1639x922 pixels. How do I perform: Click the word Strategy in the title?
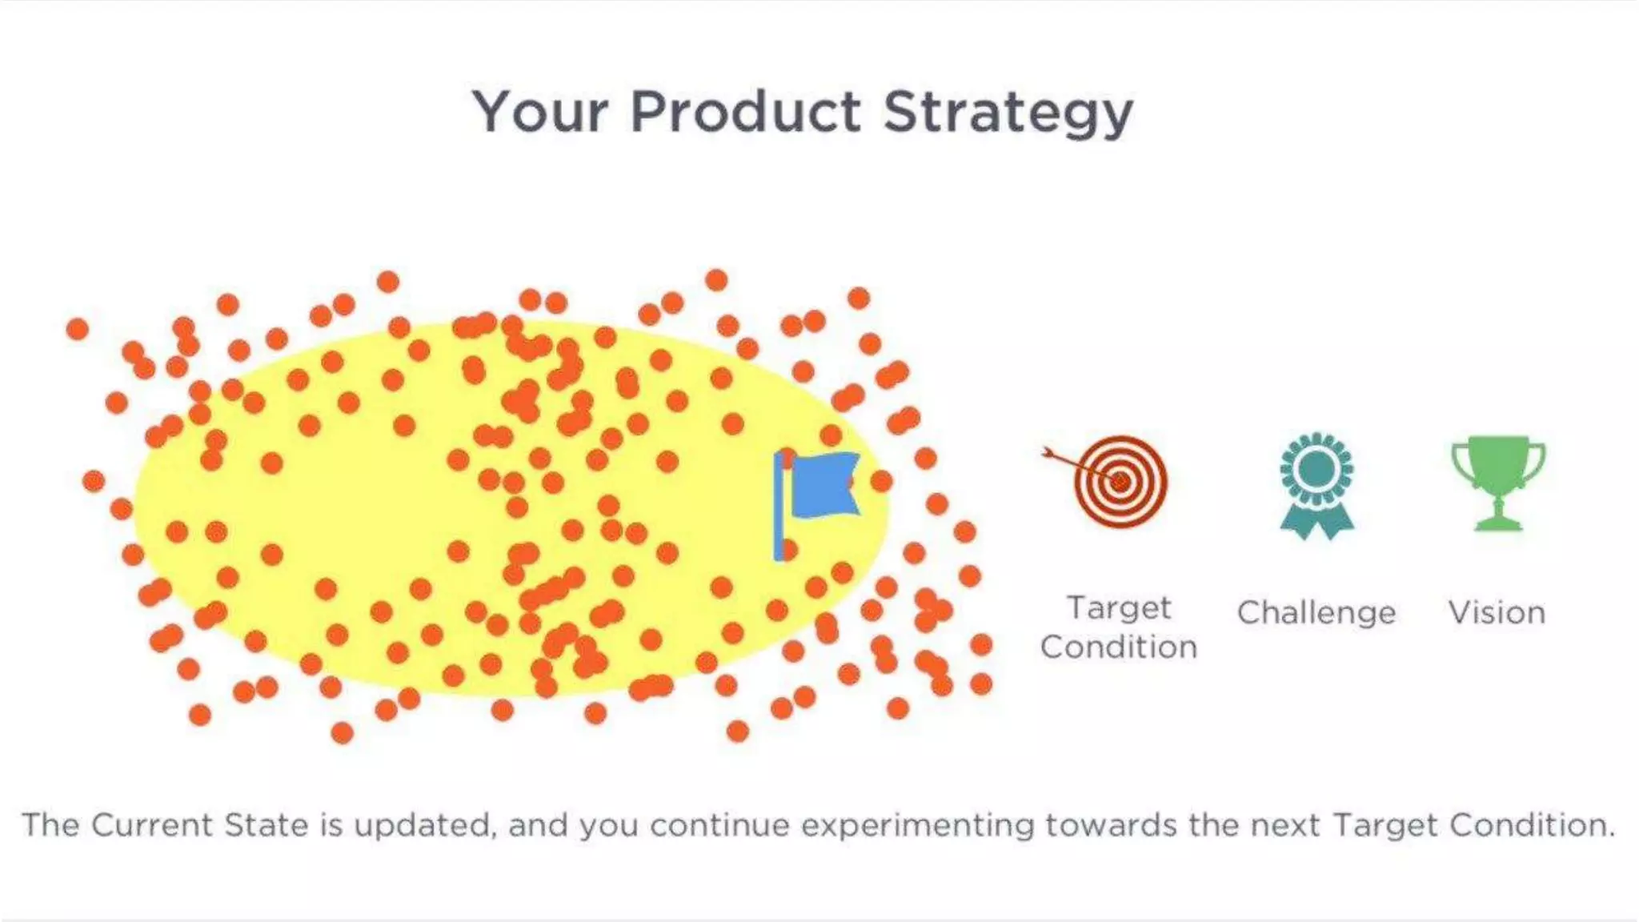tap(1008, 113)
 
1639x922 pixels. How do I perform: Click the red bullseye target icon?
tap(1120, 481)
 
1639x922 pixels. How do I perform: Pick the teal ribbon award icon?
tap(1316, 485)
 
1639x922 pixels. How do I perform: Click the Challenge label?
tap(1316, 613)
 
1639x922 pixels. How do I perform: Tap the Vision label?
tap(1497, 613)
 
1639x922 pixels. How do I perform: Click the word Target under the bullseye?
tap(1119, 608)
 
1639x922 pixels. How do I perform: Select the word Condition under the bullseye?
tap(1119, 647)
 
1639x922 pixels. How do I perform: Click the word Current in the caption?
tap(152, 825)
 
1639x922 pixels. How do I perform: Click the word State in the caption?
tap(266, 825)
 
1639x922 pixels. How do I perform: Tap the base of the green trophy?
tap(1498, 524)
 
